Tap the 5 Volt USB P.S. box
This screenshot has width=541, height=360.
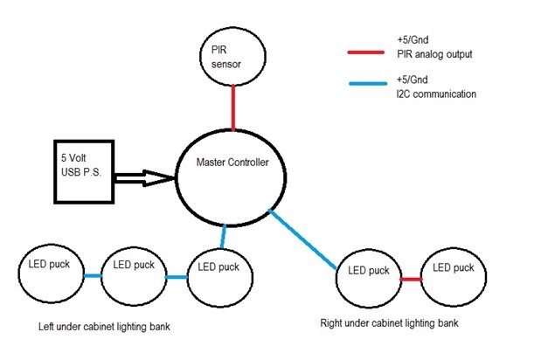pos(83,171)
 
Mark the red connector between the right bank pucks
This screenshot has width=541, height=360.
pos(412,279)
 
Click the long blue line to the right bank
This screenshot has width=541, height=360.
pos(305,239)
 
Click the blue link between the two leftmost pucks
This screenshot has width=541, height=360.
pos(93,275)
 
